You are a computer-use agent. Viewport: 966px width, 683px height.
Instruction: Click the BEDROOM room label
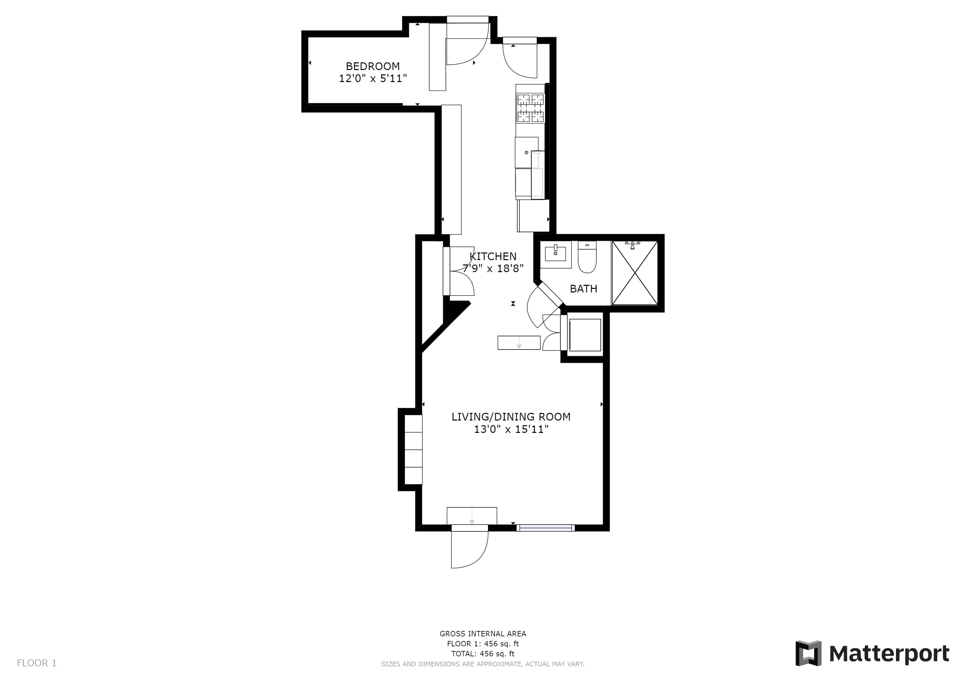(x=373, y=66)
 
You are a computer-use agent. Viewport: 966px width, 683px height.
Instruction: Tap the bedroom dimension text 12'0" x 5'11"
(x=373, y=79)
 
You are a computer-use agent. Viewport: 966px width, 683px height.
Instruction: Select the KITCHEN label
(x=493, y=256)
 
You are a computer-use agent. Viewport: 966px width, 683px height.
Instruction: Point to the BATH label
(x=583, y=289)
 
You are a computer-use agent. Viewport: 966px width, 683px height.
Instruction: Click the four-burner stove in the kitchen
(x=531, y=108)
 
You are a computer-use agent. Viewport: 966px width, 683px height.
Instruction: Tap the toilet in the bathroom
(x=587, y=257)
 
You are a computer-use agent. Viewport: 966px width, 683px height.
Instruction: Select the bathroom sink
(x=555, y=254)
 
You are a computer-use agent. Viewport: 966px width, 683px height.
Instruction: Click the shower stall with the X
(x=635, y=273)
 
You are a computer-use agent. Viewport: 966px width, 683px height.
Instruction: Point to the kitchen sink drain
(x=526, y=152)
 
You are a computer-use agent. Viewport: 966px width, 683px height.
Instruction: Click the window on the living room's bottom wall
(x=546, y=528)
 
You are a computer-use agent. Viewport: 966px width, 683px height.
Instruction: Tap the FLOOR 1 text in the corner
(x=37, y=663)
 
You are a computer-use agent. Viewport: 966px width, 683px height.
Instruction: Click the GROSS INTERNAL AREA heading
(x=483, y=634)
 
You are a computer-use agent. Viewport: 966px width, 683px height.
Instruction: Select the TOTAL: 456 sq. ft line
(x=483, y=654)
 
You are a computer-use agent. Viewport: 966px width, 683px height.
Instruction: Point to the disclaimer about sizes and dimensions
(x=483, y=664)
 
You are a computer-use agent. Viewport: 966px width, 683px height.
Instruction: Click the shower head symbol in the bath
(x=632, y=245)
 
